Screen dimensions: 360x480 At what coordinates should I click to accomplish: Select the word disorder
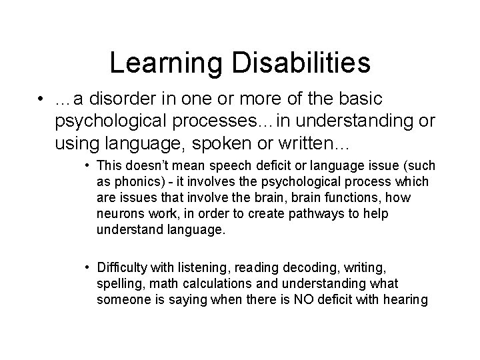[x=125, y=99]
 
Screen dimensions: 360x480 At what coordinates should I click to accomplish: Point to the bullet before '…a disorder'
[x=42, y=99]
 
